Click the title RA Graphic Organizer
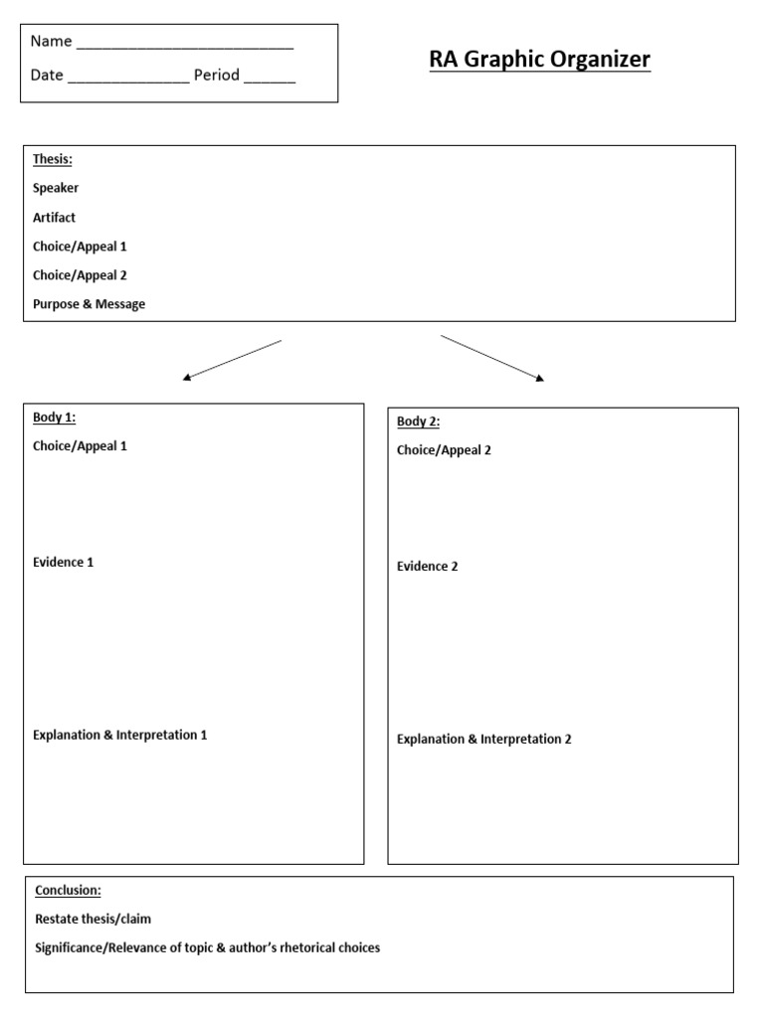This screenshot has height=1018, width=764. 539,60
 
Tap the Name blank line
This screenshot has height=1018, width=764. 184,46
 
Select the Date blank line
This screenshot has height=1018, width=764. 128,80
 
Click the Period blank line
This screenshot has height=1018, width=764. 269,80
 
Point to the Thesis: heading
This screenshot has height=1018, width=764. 53,159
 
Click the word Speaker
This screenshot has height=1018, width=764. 56,188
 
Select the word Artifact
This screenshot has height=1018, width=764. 54,217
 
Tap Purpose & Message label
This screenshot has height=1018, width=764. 89,304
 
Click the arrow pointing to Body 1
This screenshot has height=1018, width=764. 233,360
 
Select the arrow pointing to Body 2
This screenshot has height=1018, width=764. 492,358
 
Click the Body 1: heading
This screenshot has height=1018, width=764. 54,418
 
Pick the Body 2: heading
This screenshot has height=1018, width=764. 418,422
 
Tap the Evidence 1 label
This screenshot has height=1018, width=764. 63,563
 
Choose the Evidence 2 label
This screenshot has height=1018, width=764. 427,567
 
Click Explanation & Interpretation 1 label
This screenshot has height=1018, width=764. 119,736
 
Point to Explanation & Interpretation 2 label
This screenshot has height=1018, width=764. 483,740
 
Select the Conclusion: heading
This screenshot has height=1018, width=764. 68,891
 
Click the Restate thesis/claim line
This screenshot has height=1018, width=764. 93,920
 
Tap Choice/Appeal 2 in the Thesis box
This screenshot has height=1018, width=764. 80,275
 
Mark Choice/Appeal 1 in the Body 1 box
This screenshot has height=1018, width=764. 80,446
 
